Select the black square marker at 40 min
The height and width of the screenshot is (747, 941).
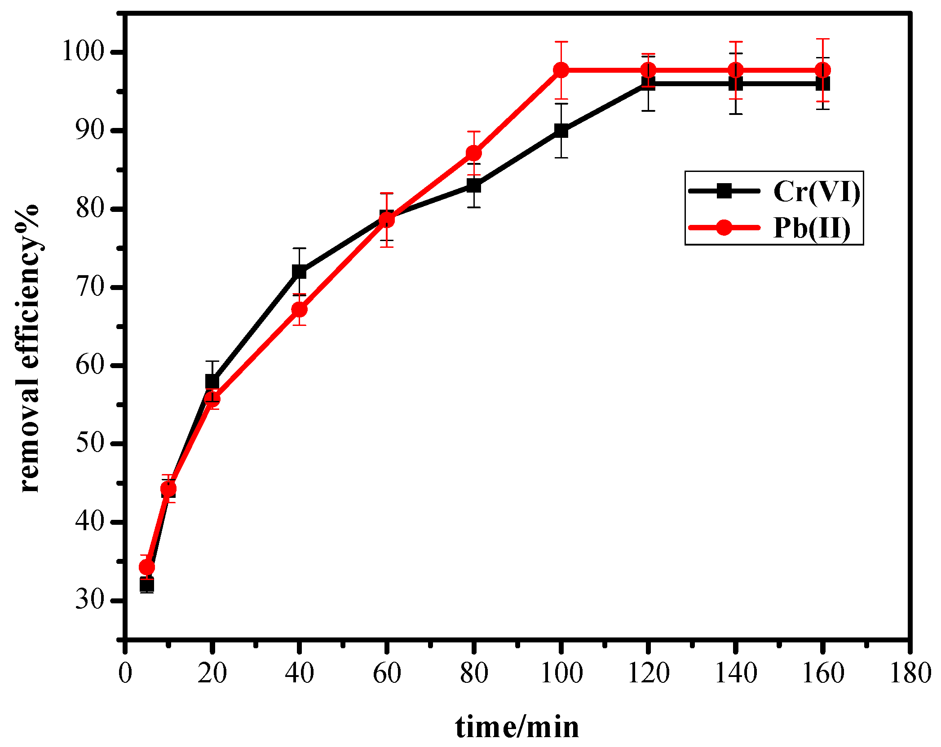(x=299, y=272)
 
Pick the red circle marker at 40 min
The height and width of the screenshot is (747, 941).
(x=299, y=309)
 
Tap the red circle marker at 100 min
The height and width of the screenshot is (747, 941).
(x=561, y=70)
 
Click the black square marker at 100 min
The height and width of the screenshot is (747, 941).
(x=561, y=131)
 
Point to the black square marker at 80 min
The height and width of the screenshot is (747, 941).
(x=474, y=185)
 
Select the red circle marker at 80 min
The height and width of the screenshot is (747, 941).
(x=474, y=153)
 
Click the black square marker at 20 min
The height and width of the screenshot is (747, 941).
(x=212, y=382)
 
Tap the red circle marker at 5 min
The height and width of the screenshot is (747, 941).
(x=147, y=567)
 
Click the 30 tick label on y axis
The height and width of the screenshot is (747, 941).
(x=90, y=599)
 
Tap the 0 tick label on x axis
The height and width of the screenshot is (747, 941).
(x=125, y=674)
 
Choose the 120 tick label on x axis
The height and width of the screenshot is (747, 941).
(x=648, y=674)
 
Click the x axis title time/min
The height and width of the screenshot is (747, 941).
(x=517, y=727)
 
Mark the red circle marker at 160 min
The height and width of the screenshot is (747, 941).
(x=822, y=70)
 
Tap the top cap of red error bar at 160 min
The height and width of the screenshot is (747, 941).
(x=822, y=39)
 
